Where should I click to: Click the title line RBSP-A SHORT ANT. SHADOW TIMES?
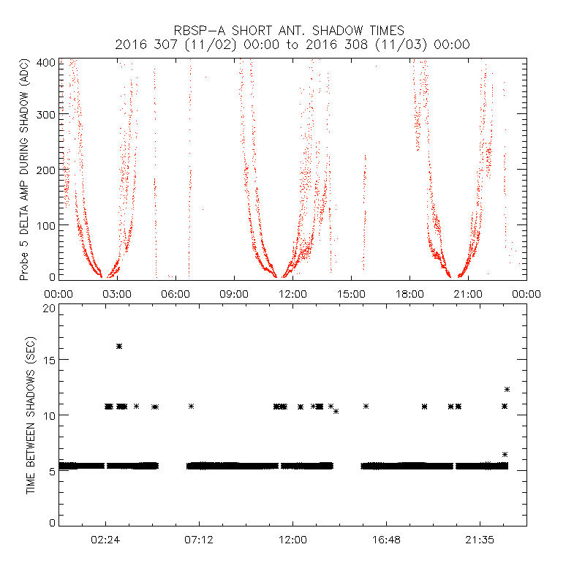[x=292, y=31]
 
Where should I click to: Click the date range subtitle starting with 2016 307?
[x=292, y=45]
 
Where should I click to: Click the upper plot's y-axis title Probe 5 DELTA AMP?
[x=24, y=170]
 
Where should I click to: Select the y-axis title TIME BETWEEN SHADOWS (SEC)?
[x=31, y=415]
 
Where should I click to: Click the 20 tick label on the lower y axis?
[x=49, y=308]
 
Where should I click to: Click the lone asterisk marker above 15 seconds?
[x=119, y=346]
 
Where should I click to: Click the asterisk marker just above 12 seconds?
[x=507, y=389]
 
